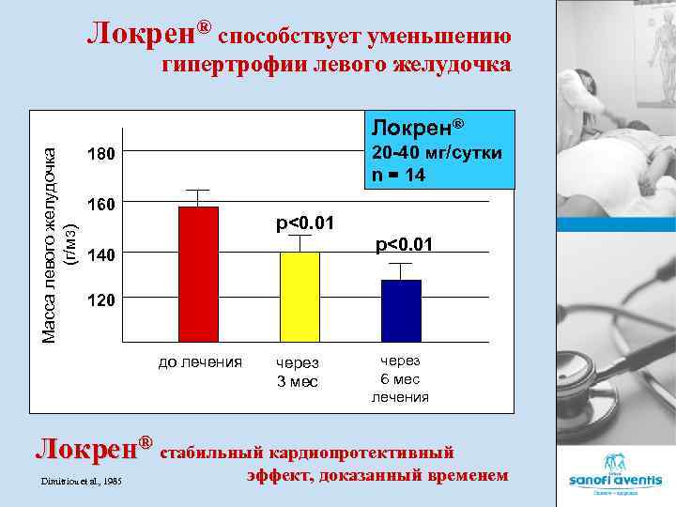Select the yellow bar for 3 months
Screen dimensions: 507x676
tap(300, 297)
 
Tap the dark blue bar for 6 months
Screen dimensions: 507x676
tap(401, 311)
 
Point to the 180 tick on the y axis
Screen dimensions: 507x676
tap(100, 154)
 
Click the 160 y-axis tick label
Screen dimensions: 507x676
tap(100, 204)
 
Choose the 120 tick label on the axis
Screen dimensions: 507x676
tap(100, 301)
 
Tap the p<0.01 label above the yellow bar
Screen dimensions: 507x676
tap(305, 223)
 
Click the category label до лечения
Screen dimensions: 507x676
tap(199, 361)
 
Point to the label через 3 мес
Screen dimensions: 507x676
tap(297, 373)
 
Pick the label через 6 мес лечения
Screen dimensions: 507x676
tap(400, 378)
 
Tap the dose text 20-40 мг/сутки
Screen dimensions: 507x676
tap(437, 152)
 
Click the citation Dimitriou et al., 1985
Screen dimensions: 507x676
tap(81, 482)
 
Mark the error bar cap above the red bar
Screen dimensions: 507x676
tap(198, 190)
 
